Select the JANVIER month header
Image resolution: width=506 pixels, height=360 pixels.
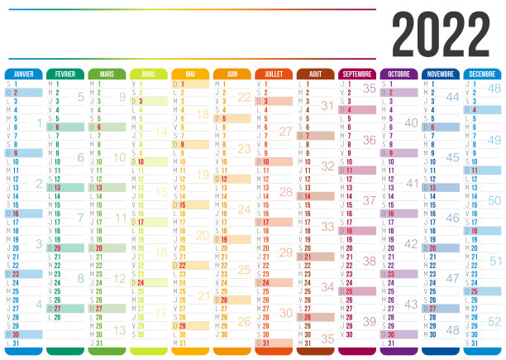(24, 74)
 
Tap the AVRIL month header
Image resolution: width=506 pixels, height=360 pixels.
(149, 74)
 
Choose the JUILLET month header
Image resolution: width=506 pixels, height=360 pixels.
(274, 74)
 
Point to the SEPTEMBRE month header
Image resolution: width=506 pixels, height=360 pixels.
(357, 74)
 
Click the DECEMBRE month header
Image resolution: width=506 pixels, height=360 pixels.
(482, 74)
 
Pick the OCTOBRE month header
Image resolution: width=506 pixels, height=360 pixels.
(399, 74)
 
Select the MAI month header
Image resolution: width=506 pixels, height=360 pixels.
(190, 74)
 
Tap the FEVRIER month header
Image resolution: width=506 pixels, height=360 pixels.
(65, 74)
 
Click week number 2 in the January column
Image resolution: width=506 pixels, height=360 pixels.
(38, 184)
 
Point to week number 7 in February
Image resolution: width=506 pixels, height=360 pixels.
(80, 218)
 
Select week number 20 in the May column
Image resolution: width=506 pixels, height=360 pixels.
(203, 235)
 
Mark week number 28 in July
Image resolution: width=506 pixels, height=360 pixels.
(286, 192)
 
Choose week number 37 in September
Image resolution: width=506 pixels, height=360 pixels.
(369, 200)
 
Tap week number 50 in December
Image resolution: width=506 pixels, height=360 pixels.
(494, 200)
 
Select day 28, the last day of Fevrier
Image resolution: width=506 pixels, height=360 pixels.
(55, 316)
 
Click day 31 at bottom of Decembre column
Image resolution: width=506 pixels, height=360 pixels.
(471, 343)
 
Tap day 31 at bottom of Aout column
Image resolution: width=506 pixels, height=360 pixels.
(304, 343)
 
